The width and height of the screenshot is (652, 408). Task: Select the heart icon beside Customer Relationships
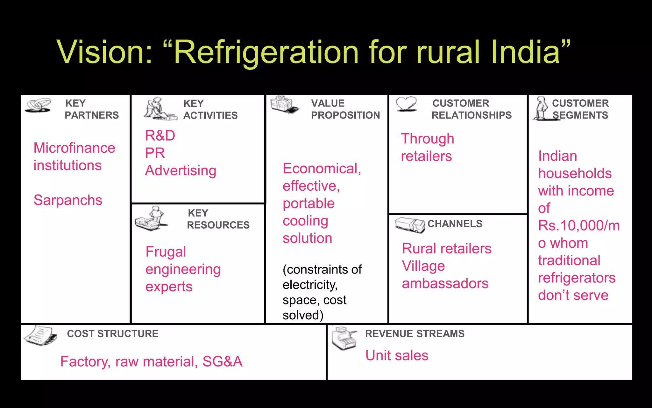tap(407, 104)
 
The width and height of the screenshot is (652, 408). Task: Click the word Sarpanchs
tap(68, 200)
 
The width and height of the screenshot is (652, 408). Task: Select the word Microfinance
tap(74, 148)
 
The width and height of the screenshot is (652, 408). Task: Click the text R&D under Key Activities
tap(160, 135)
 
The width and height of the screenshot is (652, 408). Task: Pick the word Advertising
tap(181, 171)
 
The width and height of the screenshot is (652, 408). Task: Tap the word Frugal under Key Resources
tap(166, 252)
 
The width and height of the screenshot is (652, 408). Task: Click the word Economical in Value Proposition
tap(322, 168)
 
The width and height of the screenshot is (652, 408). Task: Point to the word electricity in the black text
tap(310, 285)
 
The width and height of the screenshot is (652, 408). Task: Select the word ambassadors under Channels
tap(445, 283)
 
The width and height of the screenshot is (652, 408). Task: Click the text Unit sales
tap(397, 355)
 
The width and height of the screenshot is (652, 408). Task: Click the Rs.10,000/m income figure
tap(578, 226)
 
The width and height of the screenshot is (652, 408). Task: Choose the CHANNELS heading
tap(455, 224)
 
